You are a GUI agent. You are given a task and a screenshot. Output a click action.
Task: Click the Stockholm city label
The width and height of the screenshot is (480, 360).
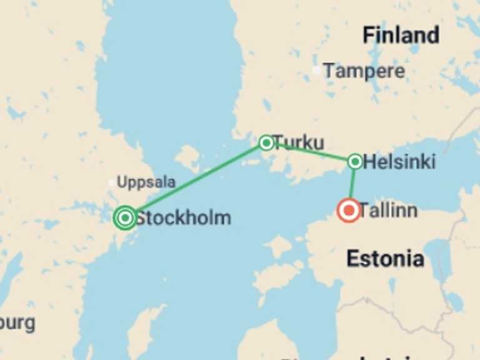[182, 217]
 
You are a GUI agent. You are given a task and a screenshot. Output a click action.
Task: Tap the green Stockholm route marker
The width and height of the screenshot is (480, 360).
[126, 217]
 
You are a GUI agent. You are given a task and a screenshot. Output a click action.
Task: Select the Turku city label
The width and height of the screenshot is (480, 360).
[299, 142]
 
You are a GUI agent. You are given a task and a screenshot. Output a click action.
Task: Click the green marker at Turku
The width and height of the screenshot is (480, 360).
[266, 142]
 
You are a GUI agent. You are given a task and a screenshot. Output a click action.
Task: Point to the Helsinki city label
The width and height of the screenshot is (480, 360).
[399, 162]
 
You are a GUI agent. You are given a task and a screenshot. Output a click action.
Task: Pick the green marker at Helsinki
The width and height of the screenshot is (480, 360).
[354, 162]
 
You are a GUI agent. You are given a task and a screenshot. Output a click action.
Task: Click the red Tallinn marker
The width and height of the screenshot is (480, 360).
[348, 211]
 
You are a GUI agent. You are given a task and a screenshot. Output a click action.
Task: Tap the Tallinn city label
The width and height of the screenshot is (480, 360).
[388, 211]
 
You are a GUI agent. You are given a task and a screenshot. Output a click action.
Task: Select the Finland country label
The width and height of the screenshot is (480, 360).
[401, 35]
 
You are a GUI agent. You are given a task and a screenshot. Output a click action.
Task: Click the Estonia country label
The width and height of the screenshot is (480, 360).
[385, 258]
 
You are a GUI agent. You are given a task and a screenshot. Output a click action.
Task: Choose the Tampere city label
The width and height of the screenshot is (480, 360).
[364, 71]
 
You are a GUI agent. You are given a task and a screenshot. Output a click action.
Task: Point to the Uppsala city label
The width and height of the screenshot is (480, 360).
[146, 182]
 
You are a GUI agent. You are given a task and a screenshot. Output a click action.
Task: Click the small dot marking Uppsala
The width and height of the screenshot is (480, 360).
[112, 183]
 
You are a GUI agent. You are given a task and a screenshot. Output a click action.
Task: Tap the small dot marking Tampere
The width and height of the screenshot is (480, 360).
[317, 71]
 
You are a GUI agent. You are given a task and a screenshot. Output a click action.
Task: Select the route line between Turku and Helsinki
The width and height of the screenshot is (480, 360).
[311, 152]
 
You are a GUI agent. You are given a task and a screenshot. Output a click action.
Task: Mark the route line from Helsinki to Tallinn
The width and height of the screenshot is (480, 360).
[352, 184]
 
